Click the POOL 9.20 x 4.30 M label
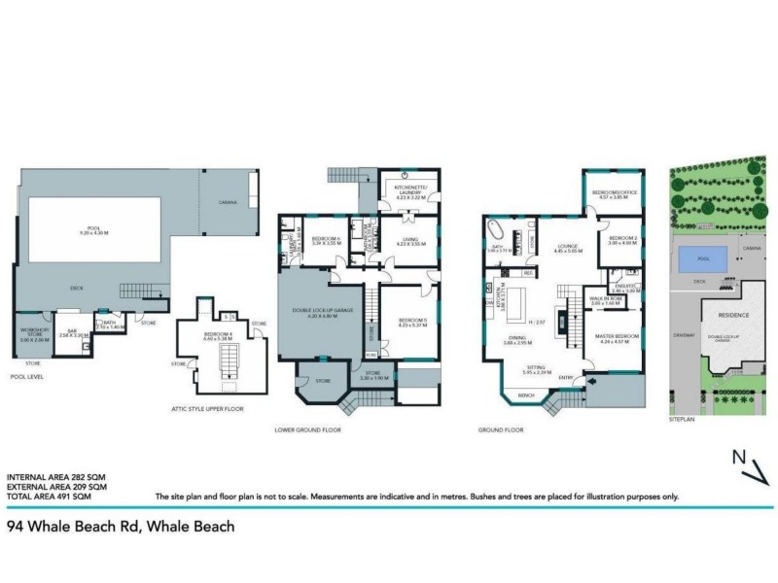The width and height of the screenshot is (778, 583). pos(93,231)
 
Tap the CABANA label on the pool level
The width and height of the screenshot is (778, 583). pos(230,203)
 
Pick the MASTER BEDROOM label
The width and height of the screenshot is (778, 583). pos(622,338)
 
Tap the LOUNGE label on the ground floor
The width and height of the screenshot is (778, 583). pos(565,249)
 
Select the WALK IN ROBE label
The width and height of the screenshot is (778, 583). pos(606,301)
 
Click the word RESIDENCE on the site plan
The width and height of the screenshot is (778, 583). pos(733,315)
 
